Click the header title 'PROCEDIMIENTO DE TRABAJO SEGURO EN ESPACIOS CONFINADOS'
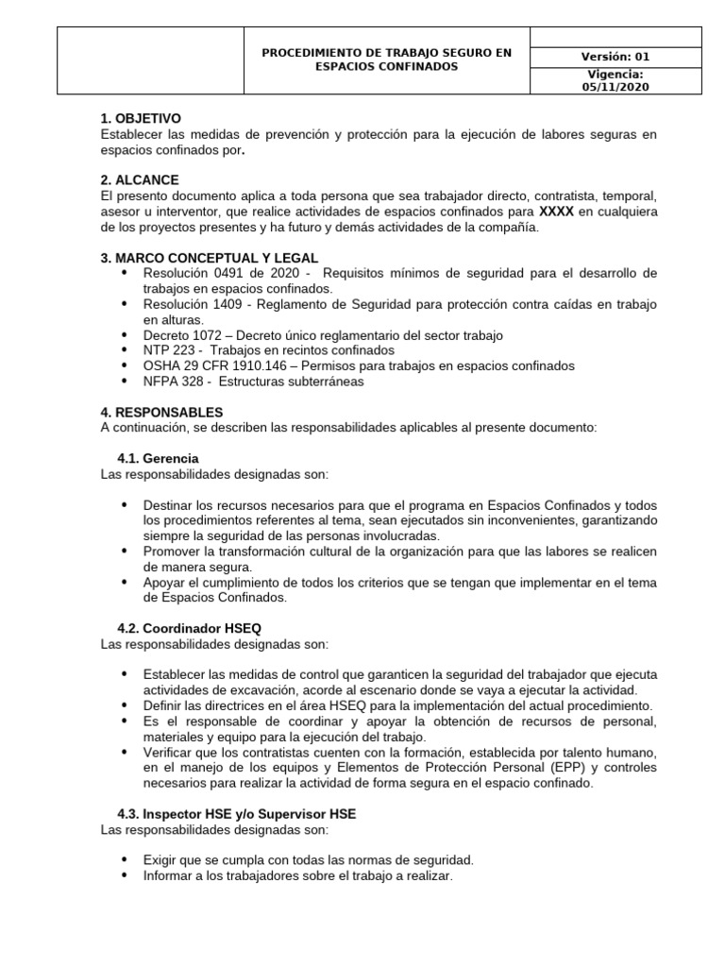(386, 60)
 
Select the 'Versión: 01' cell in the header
(615, 57)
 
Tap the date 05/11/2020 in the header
(615, 87)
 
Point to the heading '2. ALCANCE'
(140, 179)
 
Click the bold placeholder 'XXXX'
(556, 212)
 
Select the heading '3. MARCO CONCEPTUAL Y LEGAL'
(209, 258)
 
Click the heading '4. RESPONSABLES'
(161, 412)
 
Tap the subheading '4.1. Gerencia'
(158, 458)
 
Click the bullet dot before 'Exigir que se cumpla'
(125, 860)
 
